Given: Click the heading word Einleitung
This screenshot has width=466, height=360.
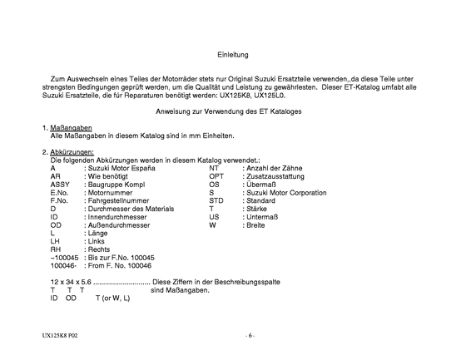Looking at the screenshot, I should (x=233, y=52).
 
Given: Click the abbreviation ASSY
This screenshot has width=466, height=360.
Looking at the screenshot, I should (x=59, y=184).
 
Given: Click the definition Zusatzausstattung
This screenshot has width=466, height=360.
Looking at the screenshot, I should (x=279, y=176).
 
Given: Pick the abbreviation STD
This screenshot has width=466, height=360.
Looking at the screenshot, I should (x=216, y=200).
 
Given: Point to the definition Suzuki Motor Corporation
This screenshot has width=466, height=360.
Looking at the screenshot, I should (x=285, y=192).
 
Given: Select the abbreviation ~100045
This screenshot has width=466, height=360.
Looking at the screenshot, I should (x=63, y=257).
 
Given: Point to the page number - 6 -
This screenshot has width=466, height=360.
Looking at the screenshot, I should (x=250, y=336).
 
